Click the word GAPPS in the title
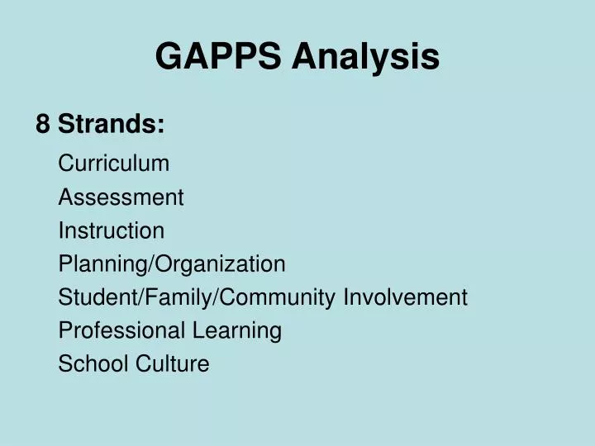[x=218, y=57]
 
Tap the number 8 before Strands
[x=43, y=125]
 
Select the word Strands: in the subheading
[x=112, y=125]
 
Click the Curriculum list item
[x=114, y=164]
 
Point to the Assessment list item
[x=121, y=197]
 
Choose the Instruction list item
[x=112, y=230]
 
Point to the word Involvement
[x=406, y=297]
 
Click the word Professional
[x=122, y=330]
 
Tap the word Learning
[x=238, y=330]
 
